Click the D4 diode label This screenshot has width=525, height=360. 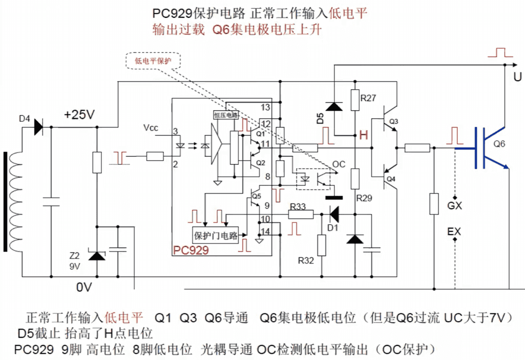point(25,119)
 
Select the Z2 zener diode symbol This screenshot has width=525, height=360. point(97,256)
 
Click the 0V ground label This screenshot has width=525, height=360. point(84,287)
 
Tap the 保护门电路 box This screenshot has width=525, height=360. point(216,235)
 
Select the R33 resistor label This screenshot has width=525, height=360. point(298,206)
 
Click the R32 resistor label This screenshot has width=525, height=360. point(306,260)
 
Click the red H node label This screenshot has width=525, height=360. point(363,135)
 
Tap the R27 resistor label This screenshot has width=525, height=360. point(368,98)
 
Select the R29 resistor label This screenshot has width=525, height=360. point(364,199)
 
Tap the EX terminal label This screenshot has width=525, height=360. point(455,231)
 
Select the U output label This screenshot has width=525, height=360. point(517,78)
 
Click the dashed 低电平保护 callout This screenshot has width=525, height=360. point(153,61)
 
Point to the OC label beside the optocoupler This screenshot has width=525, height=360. point(339,165)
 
